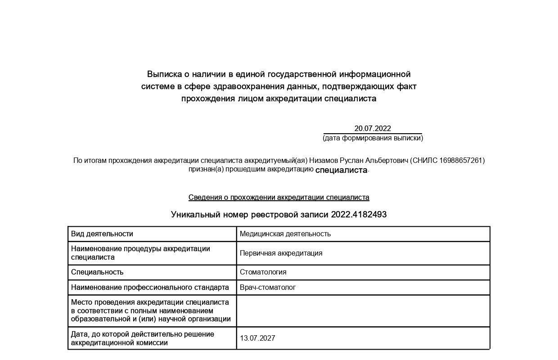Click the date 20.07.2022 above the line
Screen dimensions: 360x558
373,128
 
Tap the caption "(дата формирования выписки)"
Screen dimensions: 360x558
373,138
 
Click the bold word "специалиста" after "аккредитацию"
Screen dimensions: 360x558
341,170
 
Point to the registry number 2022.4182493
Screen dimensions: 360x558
359,215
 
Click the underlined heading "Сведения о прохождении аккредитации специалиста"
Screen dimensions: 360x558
279,198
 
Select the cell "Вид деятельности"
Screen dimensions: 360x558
102,234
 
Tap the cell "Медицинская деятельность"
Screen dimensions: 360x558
285,234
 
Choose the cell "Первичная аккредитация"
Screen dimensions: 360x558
281,253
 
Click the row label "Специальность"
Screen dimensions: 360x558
97,272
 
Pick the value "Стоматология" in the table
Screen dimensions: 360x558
263,272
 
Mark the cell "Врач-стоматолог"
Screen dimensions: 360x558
268,287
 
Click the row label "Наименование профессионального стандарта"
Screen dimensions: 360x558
150,287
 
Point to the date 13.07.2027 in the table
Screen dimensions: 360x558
257,338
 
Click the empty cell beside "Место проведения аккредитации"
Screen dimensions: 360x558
363,310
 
